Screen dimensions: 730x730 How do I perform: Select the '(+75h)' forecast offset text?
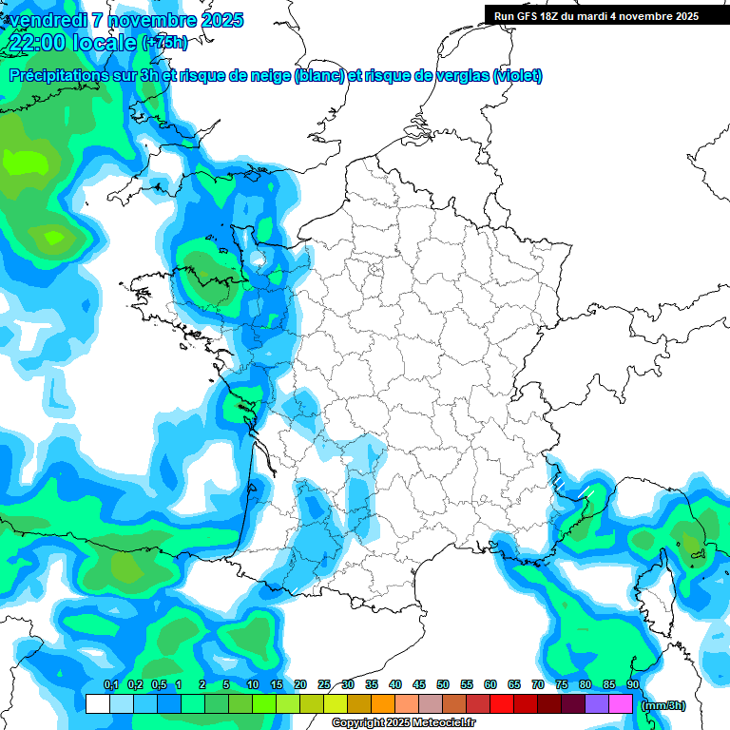click(x=163, y=43)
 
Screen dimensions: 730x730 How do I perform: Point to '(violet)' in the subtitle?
click(x=518, y=76)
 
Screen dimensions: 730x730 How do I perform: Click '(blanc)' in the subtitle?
click(x=319, y=76)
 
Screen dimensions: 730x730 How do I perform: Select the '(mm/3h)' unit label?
click(x=663, y=704)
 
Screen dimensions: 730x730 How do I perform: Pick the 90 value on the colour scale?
click(x=632, y=685)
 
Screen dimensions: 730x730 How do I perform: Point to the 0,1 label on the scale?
click(x=110, y=685)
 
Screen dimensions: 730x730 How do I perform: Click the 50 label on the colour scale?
click(x=443, y=685)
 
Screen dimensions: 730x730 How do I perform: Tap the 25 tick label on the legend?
click(x=324, y=685)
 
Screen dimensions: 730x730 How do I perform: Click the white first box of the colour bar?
click(x=98, y=703)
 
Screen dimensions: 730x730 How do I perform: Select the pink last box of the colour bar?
click(x=621, y=703)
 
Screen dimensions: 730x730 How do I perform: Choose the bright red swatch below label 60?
click(x=502, y=703)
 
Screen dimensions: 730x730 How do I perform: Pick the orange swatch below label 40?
click(x=383, y=703)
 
